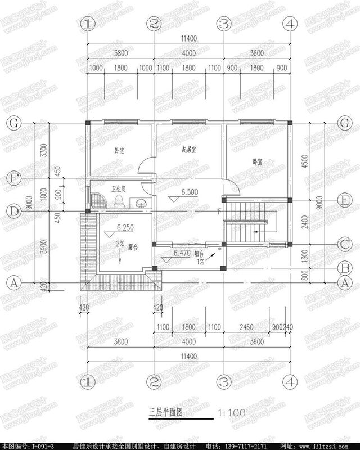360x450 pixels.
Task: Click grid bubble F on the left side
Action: (x=15, y=178)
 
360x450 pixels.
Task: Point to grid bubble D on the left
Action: (x=15, y=210)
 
